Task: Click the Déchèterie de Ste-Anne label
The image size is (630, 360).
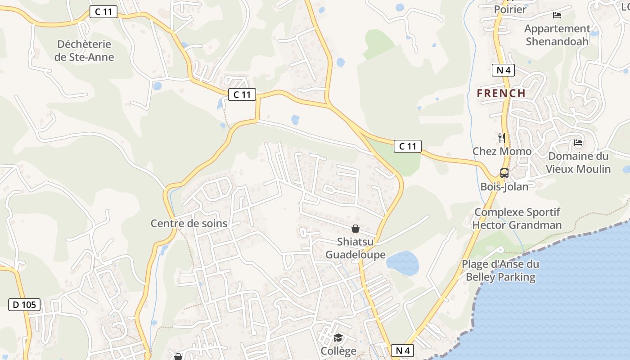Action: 84,51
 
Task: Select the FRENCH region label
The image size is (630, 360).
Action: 501,94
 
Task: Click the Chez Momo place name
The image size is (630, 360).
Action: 502,151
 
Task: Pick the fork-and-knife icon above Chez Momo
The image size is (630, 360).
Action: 502,137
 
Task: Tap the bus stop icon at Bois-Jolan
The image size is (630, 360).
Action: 504,173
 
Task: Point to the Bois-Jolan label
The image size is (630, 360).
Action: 504,186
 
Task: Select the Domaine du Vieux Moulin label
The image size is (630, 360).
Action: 578,162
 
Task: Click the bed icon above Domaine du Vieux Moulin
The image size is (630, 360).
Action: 578,143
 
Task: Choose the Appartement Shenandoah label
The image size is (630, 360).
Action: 557,35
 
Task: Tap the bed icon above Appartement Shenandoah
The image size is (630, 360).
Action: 557,15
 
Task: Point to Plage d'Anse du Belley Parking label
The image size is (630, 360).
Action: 500,270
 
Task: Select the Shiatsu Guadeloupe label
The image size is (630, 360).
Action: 355,248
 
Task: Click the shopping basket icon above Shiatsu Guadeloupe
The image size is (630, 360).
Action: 355,229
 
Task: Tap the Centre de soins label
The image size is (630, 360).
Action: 189,223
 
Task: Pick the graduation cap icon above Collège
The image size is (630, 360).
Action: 338,337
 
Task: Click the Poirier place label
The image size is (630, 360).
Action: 510,9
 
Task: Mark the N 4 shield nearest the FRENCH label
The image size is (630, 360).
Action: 503,70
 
